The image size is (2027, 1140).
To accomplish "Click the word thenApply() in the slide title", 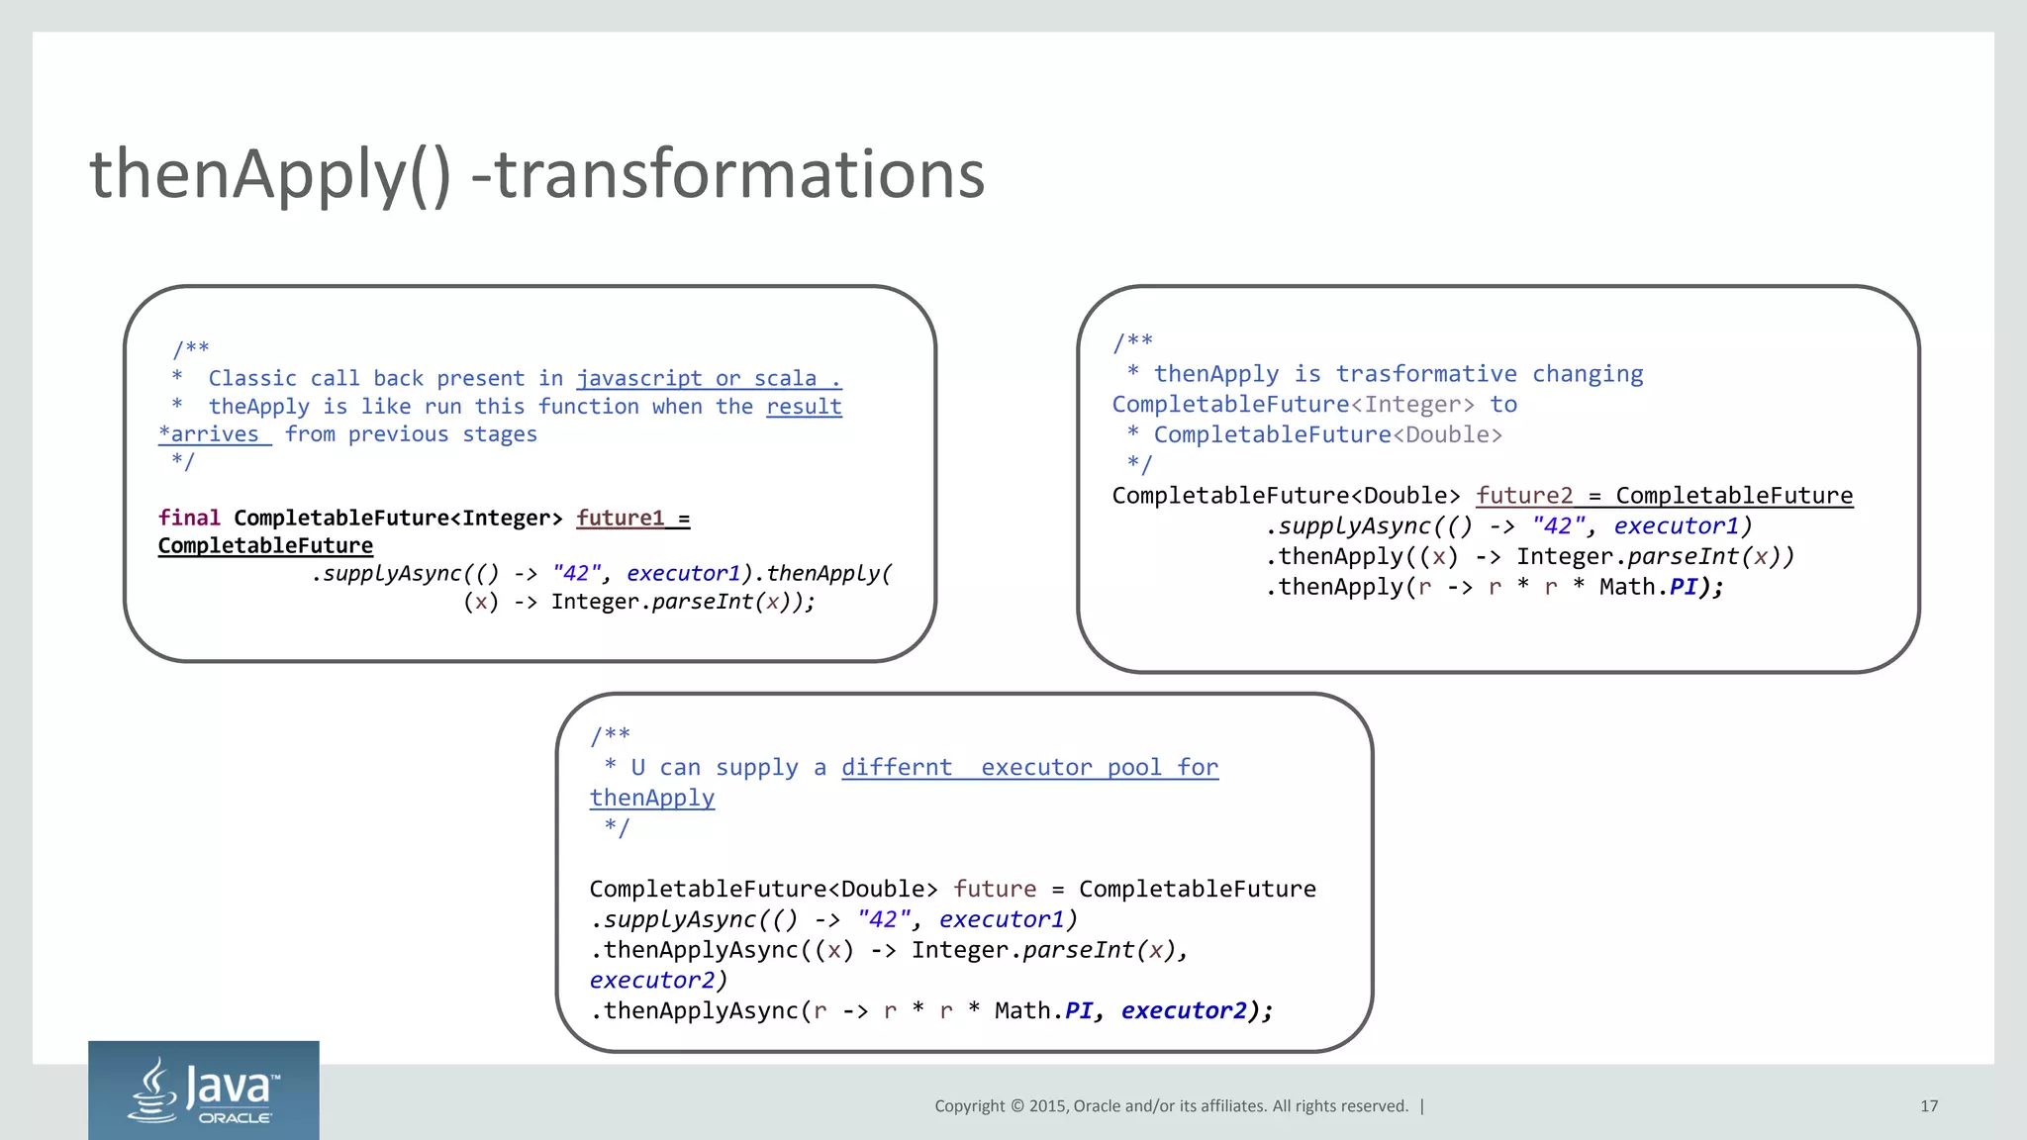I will point(269,175).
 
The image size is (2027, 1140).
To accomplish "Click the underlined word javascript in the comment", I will point(639,379).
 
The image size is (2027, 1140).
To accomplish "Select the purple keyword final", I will point(189,519).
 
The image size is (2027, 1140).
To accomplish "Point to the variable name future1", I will point(620,519).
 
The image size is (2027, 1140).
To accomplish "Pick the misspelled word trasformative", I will point(1426,374).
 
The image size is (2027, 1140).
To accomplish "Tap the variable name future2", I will point(1524,496).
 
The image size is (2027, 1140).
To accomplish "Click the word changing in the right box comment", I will point(1588,374).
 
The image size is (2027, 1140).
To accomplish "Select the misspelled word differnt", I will point(897,768).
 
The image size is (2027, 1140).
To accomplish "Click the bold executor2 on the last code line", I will point(1184,1010).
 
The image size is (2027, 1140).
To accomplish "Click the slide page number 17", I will point(1929,1106).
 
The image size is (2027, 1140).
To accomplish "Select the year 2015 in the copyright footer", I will point(1047,1106).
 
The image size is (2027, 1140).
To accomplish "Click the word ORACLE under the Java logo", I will point(236,1118).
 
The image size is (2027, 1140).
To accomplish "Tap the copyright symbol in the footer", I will point(1016,1106).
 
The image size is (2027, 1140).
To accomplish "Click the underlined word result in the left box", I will point(804,407).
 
